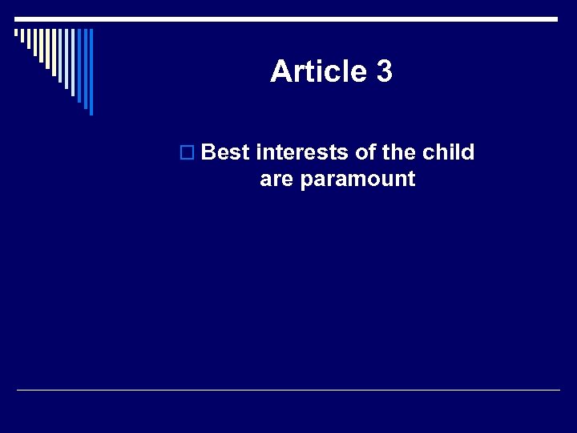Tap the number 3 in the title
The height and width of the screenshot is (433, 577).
pos(383,72)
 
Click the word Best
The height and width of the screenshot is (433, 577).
pos(225,152)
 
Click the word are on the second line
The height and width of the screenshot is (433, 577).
pos(276,179)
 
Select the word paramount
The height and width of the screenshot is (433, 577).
pos(357,180)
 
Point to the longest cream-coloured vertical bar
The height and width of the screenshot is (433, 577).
pos(54,53)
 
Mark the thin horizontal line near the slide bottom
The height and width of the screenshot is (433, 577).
pos(288,390)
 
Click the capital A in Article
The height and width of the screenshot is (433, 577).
pos(280,72)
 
